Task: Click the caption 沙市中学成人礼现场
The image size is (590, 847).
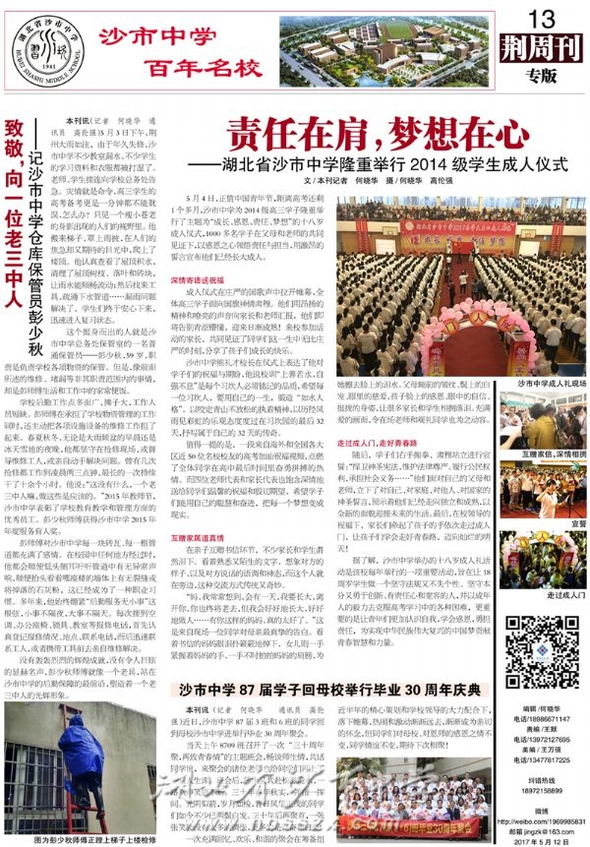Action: click(539, 383)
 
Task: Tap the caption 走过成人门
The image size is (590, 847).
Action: click(539, 595)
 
